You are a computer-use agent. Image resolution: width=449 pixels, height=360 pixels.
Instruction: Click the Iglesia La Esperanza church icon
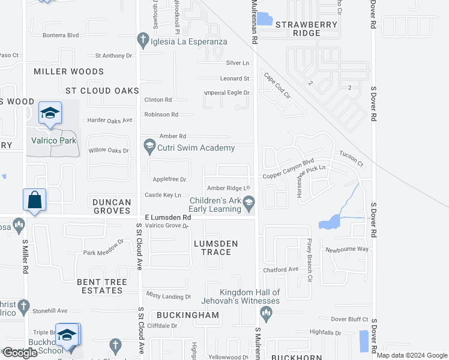(143, 41)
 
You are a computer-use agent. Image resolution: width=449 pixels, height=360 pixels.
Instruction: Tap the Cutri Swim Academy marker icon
(149, 146)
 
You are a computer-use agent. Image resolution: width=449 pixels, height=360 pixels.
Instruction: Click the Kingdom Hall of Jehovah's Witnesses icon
(267, 313)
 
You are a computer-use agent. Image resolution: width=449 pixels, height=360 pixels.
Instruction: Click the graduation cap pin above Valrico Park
(50, 112)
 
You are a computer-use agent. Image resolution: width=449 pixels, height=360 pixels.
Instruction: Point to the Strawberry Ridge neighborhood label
(306, 29)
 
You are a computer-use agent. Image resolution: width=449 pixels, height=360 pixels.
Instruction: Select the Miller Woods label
(68, 71)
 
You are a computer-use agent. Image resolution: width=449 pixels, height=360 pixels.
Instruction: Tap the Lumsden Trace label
(215, 248)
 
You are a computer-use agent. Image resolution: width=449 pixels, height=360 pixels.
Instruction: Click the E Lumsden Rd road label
(167, 217)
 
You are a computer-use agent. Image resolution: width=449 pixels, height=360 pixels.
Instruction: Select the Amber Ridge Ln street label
(228, 188)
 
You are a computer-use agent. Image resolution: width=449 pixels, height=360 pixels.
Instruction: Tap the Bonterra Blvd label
(61, 35)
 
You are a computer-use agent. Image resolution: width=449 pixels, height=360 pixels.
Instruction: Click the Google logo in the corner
(20, 353)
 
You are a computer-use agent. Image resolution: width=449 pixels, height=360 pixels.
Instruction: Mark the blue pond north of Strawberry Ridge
(264, 19)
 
